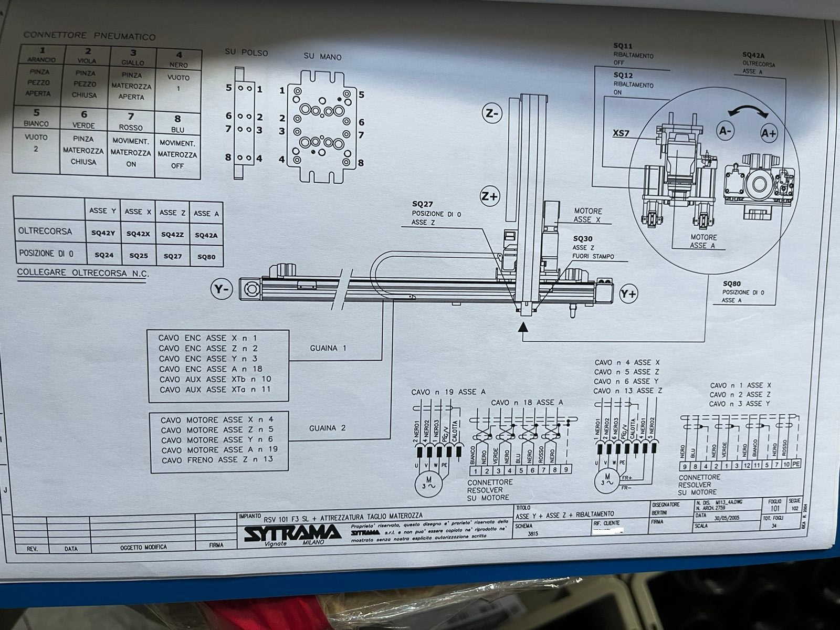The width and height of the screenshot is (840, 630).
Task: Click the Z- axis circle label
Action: [x=492, y=113]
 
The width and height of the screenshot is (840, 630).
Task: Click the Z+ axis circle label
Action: [x=489, y=196]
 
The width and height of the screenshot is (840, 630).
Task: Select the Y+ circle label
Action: [x=628, y=293]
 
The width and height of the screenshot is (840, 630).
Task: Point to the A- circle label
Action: [x=726, y=131]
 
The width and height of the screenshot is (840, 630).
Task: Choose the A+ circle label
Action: [x=769, y=133]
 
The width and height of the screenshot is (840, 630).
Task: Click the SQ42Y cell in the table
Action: [x=103, y=233]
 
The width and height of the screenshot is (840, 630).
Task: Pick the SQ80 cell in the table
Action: [x=206, y=257]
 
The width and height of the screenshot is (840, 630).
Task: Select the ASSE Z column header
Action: [x=172, y=213]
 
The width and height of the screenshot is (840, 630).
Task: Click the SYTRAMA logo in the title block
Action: [x=291, y=533]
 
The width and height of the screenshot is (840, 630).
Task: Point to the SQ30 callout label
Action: [x=582, y=238]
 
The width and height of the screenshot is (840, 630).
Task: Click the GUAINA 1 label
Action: [x=328, y=348]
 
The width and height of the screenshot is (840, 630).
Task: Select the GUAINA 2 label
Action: [x=328, y=428]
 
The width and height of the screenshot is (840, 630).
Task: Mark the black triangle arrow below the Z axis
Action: [x=522, y=328]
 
